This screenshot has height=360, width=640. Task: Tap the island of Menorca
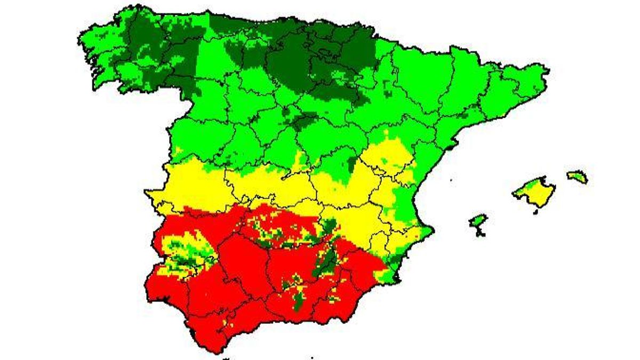click(577, 177)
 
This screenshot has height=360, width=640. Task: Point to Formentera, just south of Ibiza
click(482, 233)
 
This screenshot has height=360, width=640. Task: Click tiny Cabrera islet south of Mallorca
click(535, 212)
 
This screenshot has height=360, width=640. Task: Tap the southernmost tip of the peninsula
click(214, 350)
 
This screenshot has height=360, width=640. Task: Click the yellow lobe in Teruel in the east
click(395, 155)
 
